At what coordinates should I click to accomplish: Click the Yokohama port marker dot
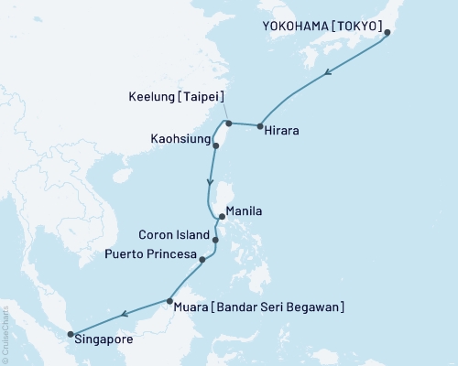coord(387,32)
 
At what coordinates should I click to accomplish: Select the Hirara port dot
coord(260,126)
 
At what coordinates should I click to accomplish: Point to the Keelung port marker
coord(227,123)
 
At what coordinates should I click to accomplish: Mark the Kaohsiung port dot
coord(216,145)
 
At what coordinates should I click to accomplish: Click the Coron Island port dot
coord(215,240)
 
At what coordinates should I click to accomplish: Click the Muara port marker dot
coord(169,300)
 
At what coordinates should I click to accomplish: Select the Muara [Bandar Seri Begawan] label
coord(258,307)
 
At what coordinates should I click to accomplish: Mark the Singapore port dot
coord(71,333)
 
